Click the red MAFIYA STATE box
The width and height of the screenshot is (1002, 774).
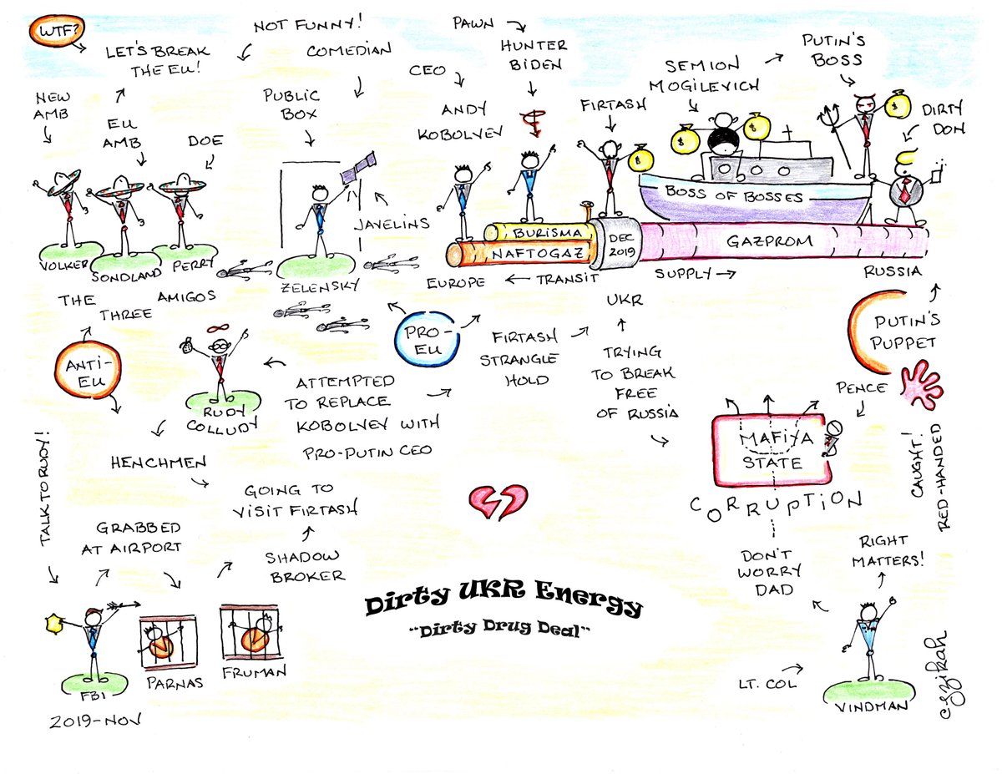[x=771, y=448]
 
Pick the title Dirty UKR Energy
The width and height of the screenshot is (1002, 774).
[x=504, y=605]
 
